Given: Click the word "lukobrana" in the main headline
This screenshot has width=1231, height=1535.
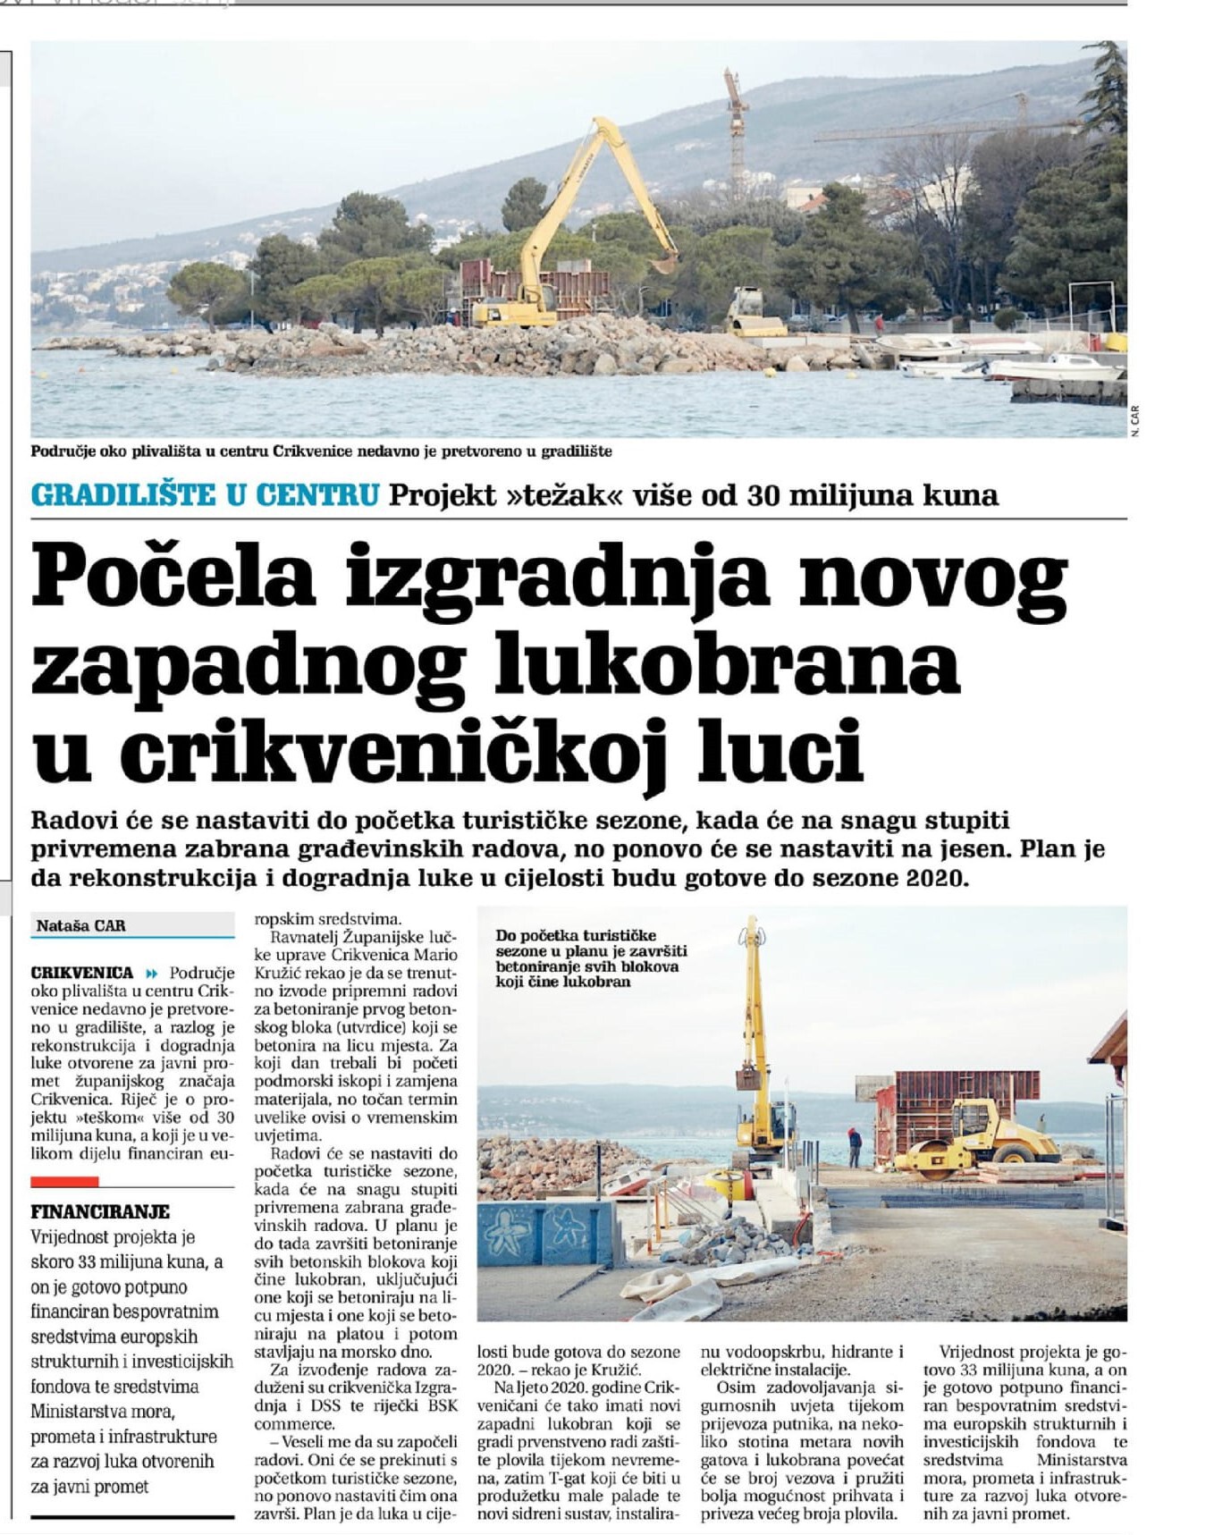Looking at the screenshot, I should (749, 662).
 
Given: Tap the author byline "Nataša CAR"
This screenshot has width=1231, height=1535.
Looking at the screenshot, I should (80, 926).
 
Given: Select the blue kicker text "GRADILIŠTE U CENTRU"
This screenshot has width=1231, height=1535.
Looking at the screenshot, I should (205, 495).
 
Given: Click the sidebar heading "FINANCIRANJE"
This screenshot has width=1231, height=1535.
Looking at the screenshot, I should (99, 1212).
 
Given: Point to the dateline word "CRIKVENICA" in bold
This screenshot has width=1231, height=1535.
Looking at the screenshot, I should (81, 973).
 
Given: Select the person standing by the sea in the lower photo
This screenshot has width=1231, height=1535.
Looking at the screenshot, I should (854, 1147).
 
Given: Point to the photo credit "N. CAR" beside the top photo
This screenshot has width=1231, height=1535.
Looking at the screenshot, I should (1134, 420).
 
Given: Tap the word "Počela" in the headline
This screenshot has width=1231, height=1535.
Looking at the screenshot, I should (174, 575).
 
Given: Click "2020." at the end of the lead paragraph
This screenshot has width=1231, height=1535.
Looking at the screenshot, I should (937, 878).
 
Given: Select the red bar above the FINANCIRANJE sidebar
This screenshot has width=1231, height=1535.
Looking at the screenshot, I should (64, 1182).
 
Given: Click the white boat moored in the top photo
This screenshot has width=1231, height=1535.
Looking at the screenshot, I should (1055, 367).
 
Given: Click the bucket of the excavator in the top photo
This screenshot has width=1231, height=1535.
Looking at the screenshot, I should (663, 264).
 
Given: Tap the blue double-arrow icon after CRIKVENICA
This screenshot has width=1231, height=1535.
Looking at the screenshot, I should (151, 973).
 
